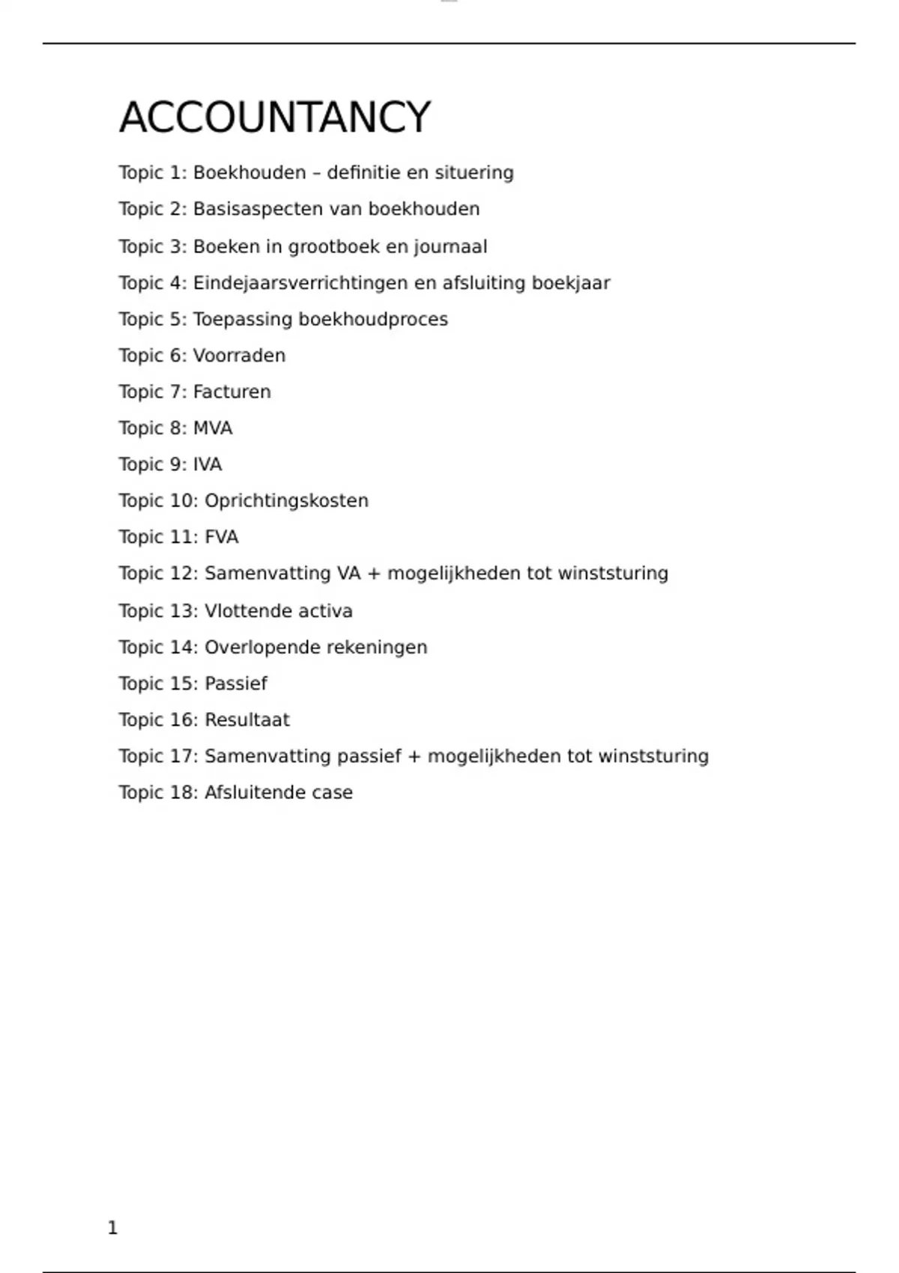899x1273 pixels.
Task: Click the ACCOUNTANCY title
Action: pyautogui.click(x=275, y=118)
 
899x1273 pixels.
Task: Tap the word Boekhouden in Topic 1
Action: pyautogui.click(x=249, y=173)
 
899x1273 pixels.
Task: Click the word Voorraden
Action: pyautogui.click(x=239, y=356)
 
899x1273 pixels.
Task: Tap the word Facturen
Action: pyautogui.click(x=231, y=392)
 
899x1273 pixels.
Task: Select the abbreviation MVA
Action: pyautogui.click(x=213, y=428)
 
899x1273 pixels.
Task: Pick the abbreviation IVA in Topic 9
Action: pyautogui.click(x=208, y=465)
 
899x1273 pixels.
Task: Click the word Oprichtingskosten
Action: pyautogui.click(x=286, y=501)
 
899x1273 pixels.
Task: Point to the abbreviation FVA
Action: pyautogui.click(x=222, y=538)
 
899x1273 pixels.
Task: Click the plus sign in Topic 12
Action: pyautogui.click(x=374, y=574)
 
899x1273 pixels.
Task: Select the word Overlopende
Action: pyautogui.click(x=255, y=648)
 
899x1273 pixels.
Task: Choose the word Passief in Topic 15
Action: pyautogui.click(x=236, y=684)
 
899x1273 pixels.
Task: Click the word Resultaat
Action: pyautogui.click(x=247, y=720)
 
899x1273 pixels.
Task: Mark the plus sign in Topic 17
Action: pyautogui.click(x=414, y=756)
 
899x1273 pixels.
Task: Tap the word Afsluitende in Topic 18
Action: pyautogui.click(x=255, y=793)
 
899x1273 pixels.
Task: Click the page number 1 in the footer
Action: pyautogui.click(x=113, y=1228)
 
